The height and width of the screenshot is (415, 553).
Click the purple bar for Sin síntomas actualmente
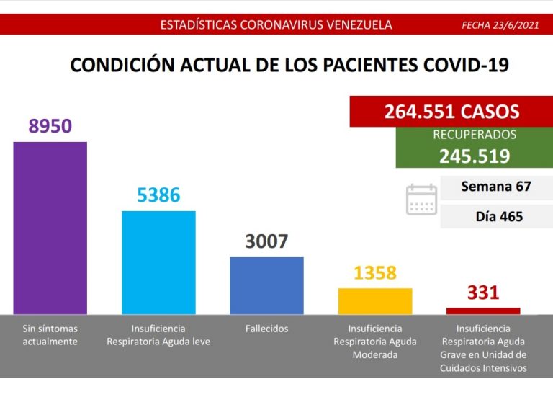pos(50,228)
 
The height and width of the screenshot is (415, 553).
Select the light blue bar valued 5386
pos(158,262)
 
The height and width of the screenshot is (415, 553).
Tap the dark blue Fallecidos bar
pos(266,285)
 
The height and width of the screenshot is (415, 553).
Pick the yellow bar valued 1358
pos(375,301)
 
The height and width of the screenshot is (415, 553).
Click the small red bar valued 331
pos(483,311)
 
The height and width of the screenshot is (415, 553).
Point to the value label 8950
pos(50,126)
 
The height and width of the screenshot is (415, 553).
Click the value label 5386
pos(158,195)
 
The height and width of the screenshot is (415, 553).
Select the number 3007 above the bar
pos(266,241)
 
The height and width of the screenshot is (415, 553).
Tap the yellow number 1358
pos(375,273)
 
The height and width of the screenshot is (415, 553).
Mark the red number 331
pos(483,293)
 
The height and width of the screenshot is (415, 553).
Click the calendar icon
pos(422,200)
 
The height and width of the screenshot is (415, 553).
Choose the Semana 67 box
pos(495,187)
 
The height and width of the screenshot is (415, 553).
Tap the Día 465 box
pos(495,216)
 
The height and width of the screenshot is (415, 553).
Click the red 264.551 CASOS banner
pos(451,112)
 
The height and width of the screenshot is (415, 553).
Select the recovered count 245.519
pos(475,156)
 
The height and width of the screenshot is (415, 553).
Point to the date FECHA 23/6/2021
pos(500,25)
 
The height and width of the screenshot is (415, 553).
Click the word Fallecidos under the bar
pos(266,329)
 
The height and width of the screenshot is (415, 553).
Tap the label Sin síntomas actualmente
pos(50,335)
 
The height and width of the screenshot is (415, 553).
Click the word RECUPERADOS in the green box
pos(475,135)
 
